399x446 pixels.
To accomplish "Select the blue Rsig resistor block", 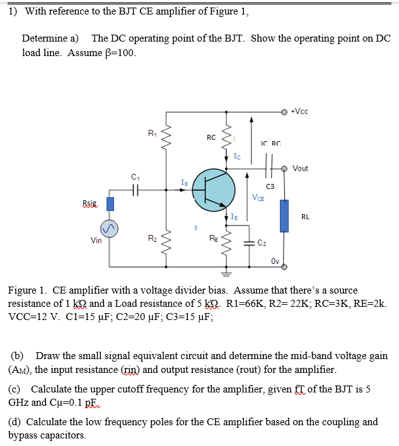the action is click(110, 203).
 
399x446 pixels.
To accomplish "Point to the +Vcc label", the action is click(299, 112).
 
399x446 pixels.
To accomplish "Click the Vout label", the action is click(301, 168).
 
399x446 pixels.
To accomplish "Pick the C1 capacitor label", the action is click(135, 176).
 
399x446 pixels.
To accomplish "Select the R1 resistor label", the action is click(152, 133).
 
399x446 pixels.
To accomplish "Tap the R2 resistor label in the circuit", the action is click(152, 238).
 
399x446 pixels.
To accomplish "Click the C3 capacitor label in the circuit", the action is click(270, 186).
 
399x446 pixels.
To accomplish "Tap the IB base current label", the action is click(184, 182).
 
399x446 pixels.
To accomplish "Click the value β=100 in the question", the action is click(119, 52).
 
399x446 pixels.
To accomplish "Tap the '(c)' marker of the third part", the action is click(16, 389).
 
